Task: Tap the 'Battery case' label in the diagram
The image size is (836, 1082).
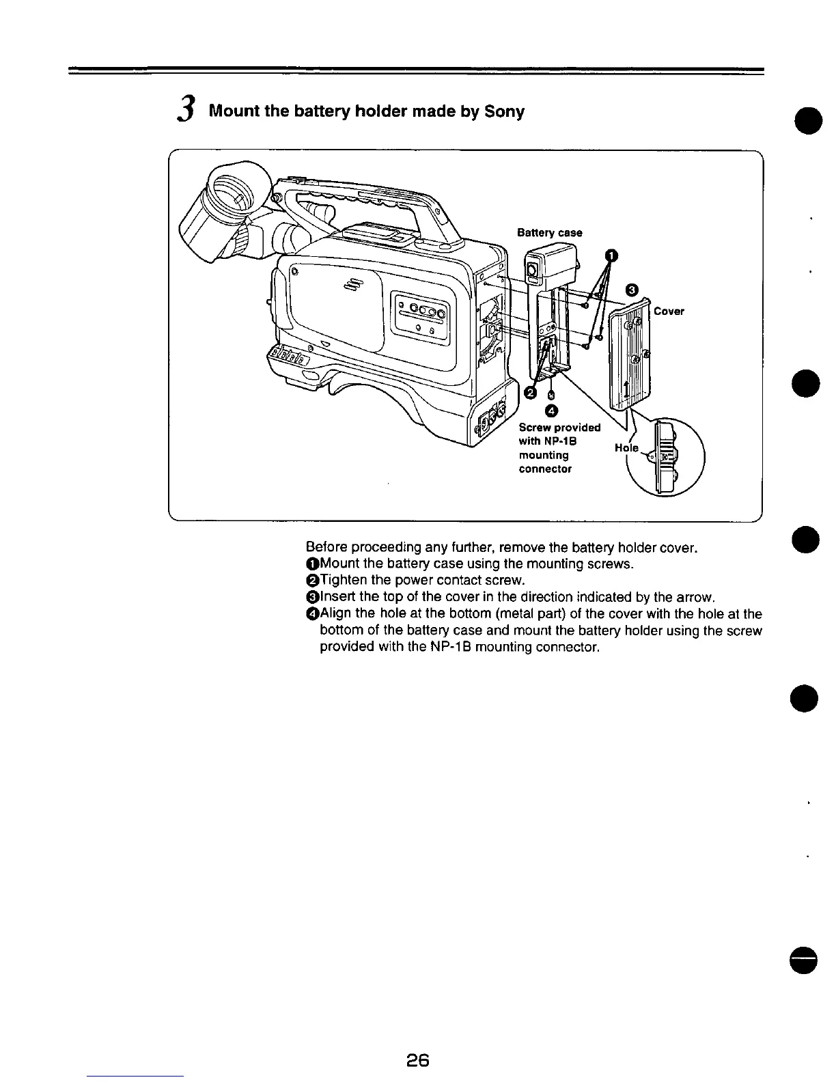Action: [x=549, y=233]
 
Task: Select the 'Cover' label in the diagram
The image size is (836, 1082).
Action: [x=669, y=311]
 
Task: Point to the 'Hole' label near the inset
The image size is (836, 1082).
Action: [x=626, y=448]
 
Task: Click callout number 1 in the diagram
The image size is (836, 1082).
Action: [x=612, y=256]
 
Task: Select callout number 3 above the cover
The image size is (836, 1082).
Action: [x=632, y=290]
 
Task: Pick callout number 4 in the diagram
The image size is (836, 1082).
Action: [x=552, y=411]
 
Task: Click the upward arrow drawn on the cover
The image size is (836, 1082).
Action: [x=627, y=390]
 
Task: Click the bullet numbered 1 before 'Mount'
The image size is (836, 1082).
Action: [x=312, y=564]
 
